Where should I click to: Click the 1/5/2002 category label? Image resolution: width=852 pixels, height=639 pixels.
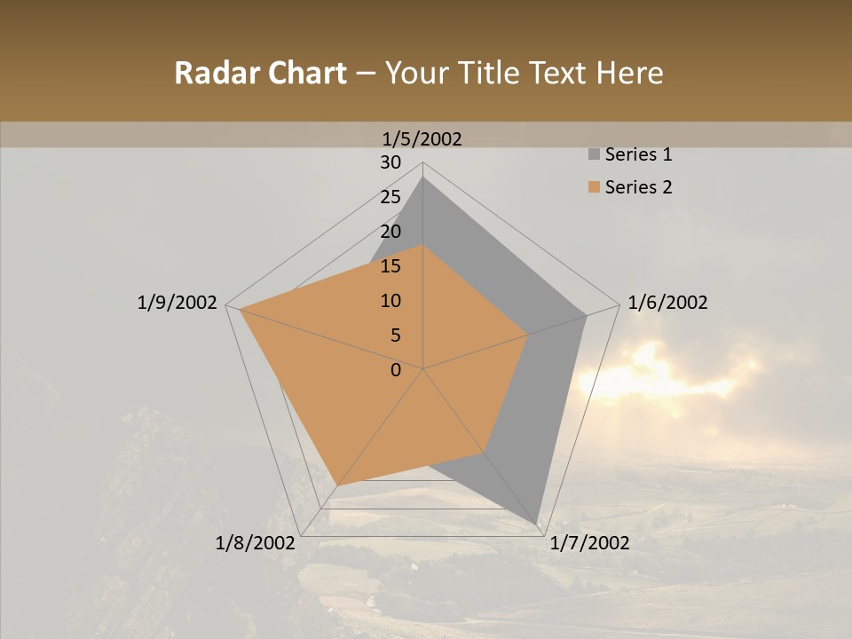point(422,138)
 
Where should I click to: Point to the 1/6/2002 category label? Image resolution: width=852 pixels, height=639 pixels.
point(667,303)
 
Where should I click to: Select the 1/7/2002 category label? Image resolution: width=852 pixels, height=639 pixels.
point(589,543)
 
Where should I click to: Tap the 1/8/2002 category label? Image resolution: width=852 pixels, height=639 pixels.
point(256,543)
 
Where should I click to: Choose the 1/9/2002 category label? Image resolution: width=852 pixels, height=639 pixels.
point(177,303)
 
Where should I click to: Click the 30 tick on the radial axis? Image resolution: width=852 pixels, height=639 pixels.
point(390,162)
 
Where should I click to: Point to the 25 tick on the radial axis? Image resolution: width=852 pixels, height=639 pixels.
point(390,197)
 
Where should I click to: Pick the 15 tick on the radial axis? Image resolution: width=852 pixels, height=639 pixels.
point(390,266)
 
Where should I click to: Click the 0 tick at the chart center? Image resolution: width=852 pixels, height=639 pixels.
point(396,370)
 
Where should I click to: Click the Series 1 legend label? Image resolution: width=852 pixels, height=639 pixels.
point(638,154)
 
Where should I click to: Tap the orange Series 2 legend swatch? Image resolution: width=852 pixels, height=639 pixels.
point(594,187)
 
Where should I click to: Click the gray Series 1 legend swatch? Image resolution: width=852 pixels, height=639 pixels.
point(594,155)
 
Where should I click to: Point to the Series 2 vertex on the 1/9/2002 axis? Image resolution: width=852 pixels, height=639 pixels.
point(240,310)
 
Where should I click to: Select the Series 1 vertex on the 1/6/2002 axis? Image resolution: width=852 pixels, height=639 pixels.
point(587,315)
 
